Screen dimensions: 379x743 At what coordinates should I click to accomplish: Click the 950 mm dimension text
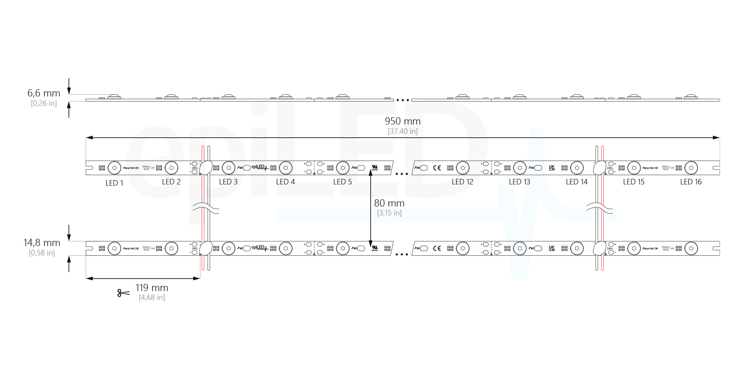point(402,121)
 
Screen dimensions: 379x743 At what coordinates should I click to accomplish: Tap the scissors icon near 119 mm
point(123,293)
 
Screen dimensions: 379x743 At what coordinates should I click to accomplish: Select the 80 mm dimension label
point(389,204)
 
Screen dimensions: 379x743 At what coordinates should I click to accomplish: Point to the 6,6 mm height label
point(44,93)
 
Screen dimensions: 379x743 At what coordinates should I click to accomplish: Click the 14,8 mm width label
point(42,243)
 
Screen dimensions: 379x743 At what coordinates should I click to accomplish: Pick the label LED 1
point(114,183)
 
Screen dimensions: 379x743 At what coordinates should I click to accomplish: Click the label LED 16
point(691,182)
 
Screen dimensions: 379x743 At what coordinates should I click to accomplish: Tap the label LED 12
point(462,182)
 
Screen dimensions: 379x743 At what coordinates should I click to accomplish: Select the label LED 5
point(342,182)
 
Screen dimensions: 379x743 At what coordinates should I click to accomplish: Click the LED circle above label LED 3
point(228,168)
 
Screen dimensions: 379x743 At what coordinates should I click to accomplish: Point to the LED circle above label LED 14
point(577,168)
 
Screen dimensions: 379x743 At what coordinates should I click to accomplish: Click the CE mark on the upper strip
point(436,168)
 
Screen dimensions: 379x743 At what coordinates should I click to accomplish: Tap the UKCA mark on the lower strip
point(552,248)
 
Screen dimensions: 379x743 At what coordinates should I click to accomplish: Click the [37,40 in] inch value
point(402,131)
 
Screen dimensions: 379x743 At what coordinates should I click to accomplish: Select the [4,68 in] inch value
point(152,297)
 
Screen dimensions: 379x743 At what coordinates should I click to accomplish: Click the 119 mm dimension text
point(152,288)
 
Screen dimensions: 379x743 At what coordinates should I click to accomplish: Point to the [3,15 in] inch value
point(389,213)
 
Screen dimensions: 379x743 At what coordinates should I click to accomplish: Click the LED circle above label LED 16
point(691,168)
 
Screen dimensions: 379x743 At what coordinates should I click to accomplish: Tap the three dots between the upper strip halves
point(402,173)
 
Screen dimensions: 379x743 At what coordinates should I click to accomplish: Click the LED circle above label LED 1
point(114,168)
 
